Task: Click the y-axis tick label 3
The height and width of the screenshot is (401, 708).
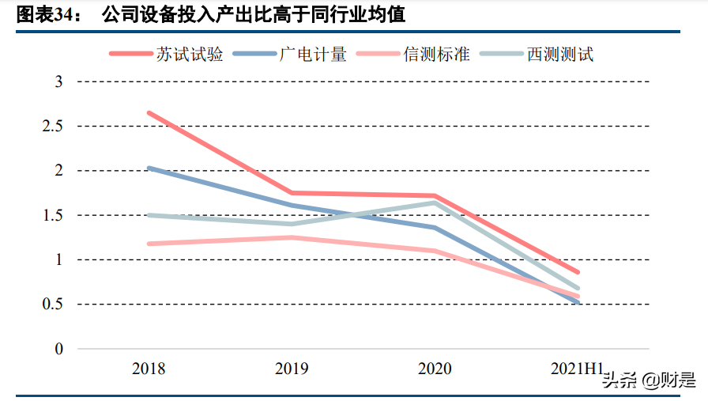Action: [x=58, y=82]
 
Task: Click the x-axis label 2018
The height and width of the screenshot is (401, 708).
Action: [x=149, y=369]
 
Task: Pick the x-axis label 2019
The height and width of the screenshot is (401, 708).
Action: [x=292, y=369]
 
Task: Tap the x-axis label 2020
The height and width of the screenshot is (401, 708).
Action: [x=435, y=369]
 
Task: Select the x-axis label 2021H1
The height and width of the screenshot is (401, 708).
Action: [x=578, y=369]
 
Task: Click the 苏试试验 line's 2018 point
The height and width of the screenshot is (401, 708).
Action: [x=149, y=113]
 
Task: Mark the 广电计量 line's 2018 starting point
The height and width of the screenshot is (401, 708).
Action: [x=149, y=168]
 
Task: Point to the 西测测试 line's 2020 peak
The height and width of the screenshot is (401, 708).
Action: [x=435, y=202]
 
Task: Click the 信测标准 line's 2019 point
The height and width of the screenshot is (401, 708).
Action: [x=292, y=237]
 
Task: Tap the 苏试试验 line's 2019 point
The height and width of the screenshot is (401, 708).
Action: [x=292, y=193]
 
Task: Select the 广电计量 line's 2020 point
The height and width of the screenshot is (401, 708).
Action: [x=435, y=228]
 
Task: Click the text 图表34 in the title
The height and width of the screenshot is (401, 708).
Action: [x=44, y=15]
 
